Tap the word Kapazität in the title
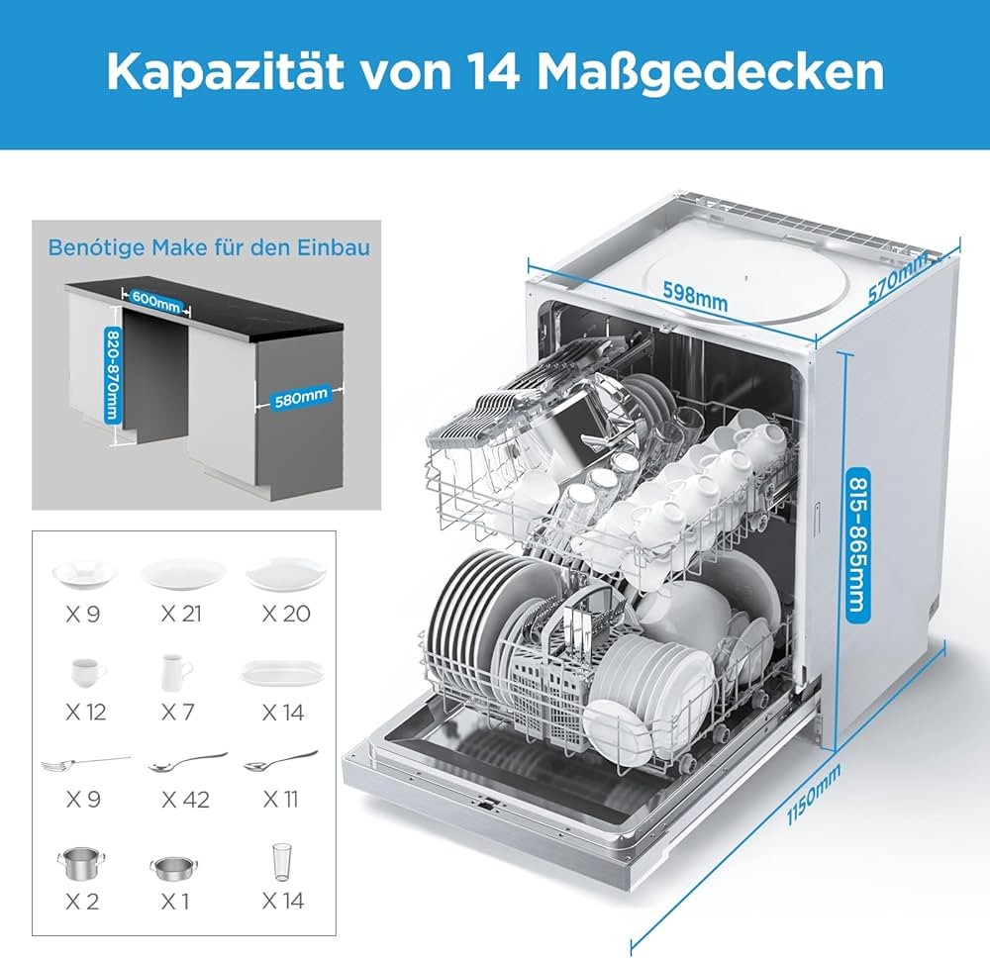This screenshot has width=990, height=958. [x=226, y=73]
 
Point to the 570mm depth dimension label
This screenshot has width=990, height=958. [x=898, y=276]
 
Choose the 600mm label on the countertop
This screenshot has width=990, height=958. [x=155, y=301]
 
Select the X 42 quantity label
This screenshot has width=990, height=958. [x=185, y=801]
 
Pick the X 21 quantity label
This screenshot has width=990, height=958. [x=180, y=614]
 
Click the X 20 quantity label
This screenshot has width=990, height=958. [x=286, y=614]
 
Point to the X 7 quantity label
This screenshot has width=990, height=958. [x=177, y=713]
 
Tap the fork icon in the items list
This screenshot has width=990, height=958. [x=86, y=764]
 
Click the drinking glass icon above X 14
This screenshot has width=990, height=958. [x=282, y=862]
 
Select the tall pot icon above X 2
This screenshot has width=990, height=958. [x=81, y=863]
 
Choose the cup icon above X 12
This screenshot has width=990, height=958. [x=88, y=672]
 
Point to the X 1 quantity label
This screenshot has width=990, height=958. [x=175, y=902]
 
